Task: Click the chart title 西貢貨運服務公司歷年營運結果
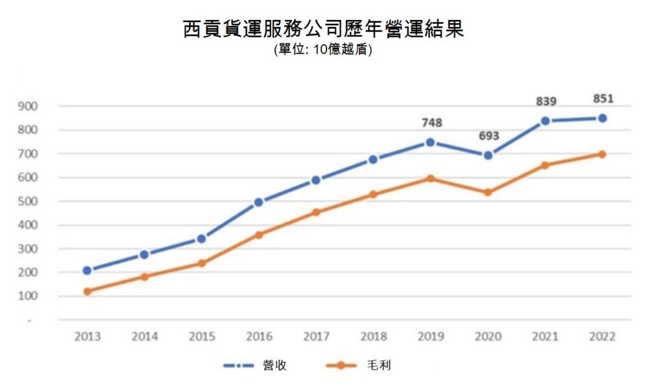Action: (x=323, y=30)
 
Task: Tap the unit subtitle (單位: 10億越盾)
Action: (x=323, y=50)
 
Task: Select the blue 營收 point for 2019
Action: (x=431, y=142)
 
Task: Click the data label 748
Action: (x=431, y=123)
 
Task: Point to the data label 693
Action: (x=489, y=136)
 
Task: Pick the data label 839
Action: (x=545, y=101)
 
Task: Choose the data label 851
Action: (x=602, y=99)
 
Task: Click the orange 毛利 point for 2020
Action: (x=488, y=192)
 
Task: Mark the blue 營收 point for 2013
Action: (x=87, y=270)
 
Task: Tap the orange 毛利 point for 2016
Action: (x=259, y=235)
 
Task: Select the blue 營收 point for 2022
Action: (x=602, y=118)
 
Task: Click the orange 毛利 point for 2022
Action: (x=602, y=154)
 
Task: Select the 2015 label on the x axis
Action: (x=201, y=337)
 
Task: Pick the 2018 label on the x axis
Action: (x=373, y=337)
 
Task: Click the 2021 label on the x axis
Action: (x=545, y=337)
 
